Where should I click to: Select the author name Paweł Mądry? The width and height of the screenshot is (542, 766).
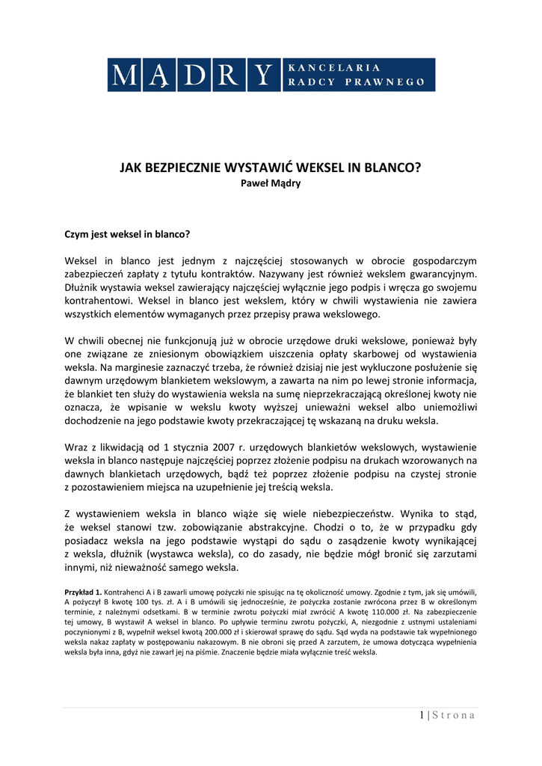(x=270, y=183)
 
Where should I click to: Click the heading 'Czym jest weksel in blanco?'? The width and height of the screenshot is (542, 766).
(x=128, y=234)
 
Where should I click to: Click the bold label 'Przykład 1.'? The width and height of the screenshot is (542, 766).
(x=83, y=592)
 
